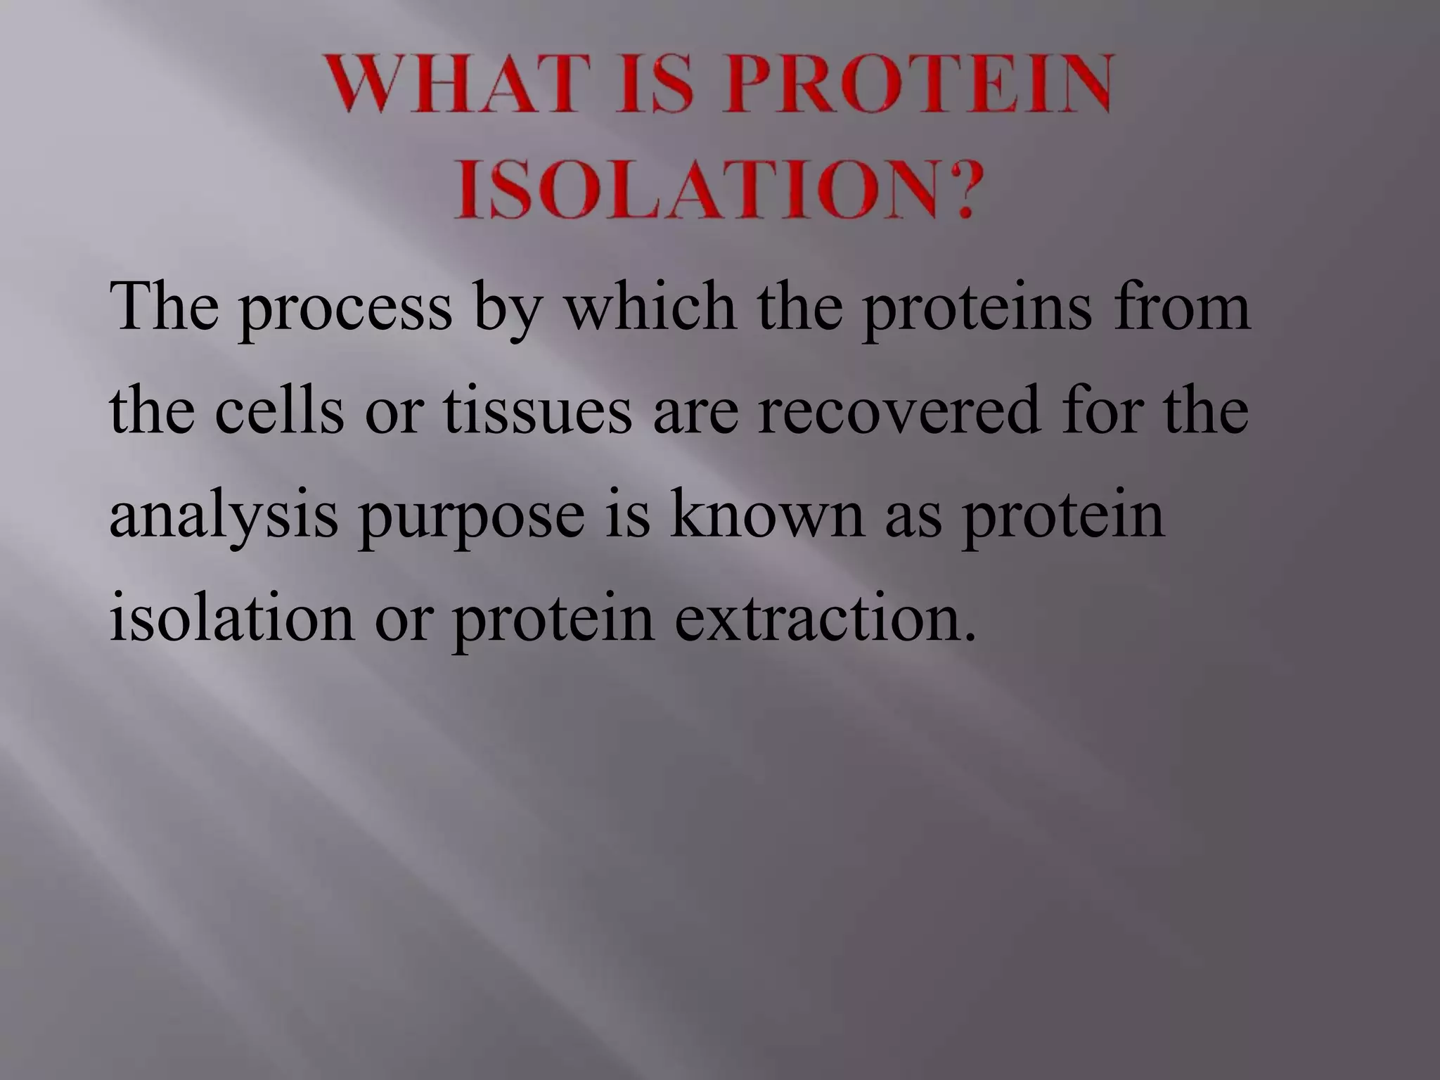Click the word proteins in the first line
(978, 309)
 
